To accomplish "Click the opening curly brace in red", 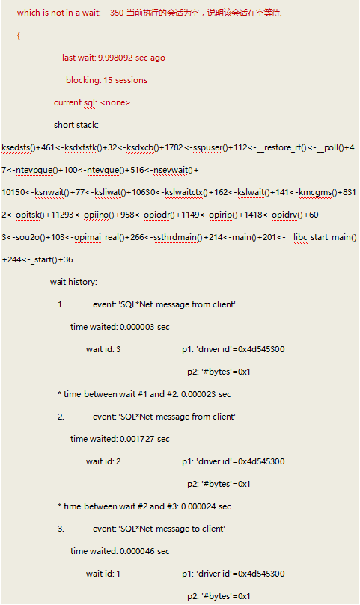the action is (19, 35).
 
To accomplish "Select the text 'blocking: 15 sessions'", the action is (106, 80).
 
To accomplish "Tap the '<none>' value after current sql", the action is (115, 102).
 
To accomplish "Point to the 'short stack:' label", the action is (76, 125).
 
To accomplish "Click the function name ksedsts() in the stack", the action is (19, 147).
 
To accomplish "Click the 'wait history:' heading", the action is (73, 282).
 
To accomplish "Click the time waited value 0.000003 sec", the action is (144, 327).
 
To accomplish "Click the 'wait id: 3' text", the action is (103, 349).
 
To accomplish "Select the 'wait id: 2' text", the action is (103, 461).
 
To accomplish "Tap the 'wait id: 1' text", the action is (103, 574).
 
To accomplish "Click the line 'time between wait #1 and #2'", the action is (144, 394).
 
